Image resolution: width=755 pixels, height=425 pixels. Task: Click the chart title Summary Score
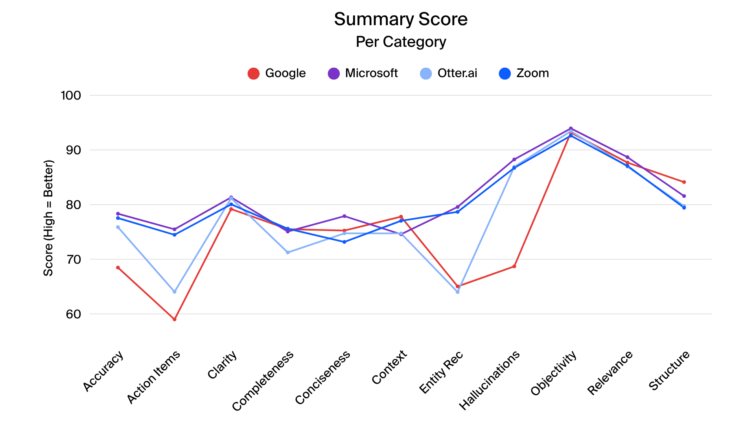point(401,19)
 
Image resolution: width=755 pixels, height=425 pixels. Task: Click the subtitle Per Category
point(401,42)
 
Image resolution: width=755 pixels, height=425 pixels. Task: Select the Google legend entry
point(277,73)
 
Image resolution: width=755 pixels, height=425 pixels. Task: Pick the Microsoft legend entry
point(363,73)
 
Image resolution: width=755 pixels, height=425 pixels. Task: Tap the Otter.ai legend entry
point(449,73)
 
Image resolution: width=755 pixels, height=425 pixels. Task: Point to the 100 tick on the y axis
point(71,95)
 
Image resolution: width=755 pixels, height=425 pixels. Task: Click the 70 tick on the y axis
point(73,259)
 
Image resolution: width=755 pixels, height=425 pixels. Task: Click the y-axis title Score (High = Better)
point(48,218)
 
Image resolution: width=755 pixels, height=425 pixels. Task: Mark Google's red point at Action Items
point(175,319)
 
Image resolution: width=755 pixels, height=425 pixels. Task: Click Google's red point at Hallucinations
point(514,266)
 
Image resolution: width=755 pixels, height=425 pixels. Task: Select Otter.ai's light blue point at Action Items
point(175,292)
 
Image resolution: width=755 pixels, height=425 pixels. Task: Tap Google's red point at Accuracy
point(118,268)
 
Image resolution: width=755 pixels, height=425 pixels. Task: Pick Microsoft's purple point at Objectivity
point(571,128)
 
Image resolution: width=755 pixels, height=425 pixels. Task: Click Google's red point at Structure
point(684,182)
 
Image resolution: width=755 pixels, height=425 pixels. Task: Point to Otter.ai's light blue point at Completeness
point(288,252)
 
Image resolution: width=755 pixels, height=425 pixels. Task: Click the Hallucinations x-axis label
point(490,380)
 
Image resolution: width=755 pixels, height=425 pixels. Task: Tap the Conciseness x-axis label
point(323,377)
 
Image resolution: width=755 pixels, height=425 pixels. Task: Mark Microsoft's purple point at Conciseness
point(344,216)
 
